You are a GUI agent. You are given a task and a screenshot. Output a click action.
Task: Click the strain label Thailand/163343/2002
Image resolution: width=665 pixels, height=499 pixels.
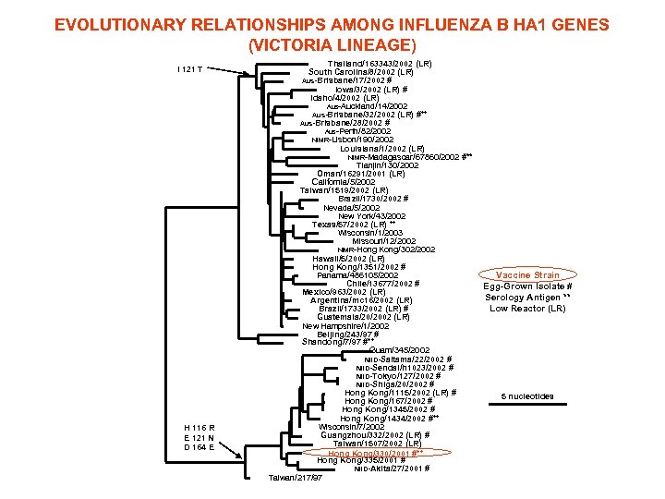point(380,63)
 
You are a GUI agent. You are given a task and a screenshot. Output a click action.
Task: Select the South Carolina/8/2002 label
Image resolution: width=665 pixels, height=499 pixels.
point(359,72)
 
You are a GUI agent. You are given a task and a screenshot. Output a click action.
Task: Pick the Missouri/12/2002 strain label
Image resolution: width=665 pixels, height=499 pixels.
point(382,241)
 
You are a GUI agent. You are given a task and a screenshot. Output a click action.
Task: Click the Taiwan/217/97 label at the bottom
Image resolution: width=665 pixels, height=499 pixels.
point(295,478)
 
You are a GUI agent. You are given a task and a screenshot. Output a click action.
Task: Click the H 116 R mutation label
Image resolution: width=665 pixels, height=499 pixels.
point(199,428)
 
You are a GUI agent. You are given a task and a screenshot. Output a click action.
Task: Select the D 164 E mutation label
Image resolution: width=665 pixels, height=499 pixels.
point(199,447)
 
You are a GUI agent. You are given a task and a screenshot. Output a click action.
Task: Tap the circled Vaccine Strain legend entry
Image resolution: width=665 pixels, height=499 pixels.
point(527,274)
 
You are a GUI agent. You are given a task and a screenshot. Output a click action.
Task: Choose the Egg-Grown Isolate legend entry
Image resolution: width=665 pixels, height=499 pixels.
point(527,286)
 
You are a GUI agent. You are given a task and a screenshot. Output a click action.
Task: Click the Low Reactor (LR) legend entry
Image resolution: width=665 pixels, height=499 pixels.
point(527,309)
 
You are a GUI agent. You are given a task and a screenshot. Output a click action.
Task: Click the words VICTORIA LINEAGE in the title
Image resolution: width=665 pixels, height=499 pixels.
point(332,44)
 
